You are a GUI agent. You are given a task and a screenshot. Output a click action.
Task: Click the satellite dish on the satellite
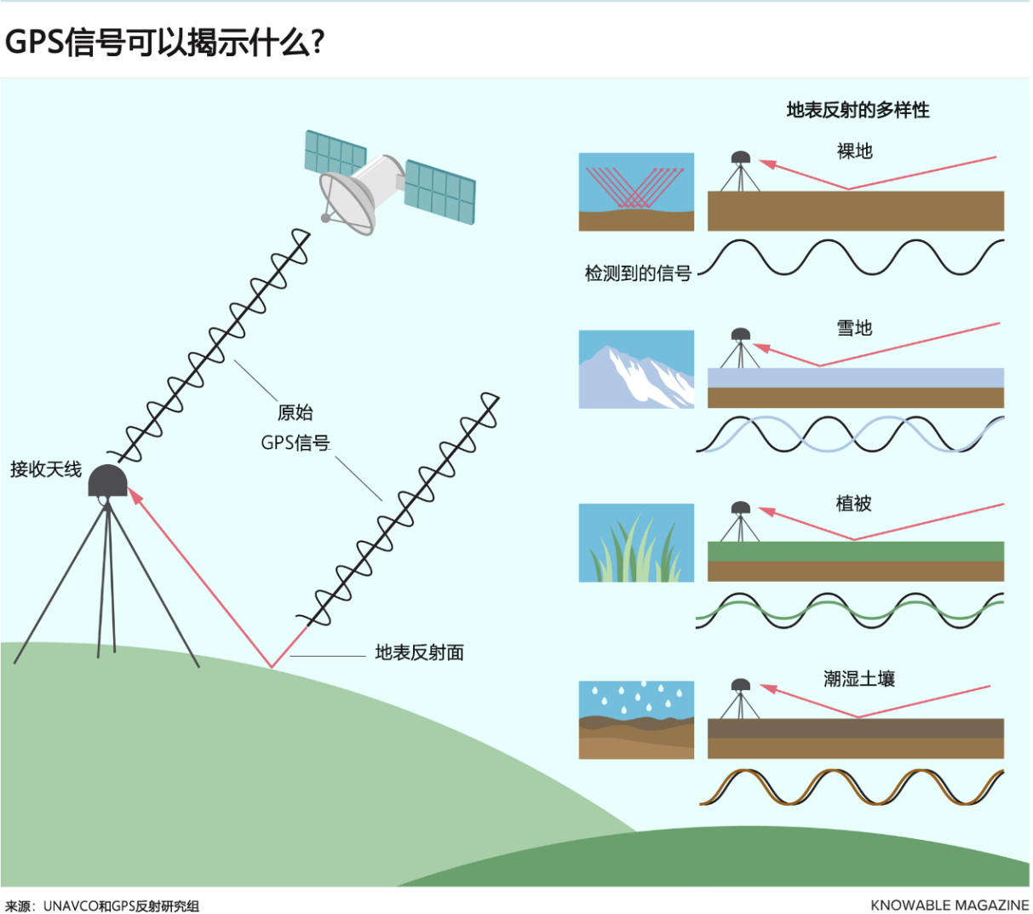tap(347, 201)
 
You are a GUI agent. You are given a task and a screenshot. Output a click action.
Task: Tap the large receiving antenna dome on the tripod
tap(108, 481)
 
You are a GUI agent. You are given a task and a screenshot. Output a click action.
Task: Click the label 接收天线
tap(46, 469)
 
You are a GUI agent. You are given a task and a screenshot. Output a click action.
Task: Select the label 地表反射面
tap(419, 653)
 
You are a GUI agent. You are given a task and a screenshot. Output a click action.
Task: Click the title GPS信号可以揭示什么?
tap(165, 42)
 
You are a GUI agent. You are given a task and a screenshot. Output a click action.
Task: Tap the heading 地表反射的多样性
tap(858, 110)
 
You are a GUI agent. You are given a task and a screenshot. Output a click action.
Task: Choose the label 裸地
tap(854, 152)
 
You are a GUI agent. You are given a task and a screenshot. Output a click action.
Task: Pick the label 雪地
tap(854, 328)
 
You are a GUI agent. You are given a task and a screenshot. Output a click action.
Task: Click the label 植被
tap(853, 503)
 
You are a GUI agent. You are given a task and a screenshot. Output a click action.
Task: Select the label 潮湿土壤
tap(858, 679)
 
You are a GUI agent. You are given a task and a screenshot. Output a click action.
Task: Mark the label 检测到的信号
tap(638, 273)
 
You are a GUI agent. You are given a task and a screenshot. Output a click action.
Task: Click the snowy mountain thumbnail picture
tap(636, 370)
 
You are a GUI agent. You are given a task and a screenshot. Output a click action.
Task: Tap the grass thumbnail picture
tap(636, 543)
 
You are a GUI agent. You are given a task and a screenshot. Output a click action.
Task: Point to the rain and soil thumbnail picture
tap(636, 720)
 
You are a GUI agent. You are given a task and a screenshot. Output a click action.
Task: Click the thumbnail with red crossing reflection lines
tap(636, 192)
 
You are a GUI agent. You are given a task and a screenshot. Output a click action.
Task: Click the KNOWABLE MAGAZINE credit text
tap(950, 905)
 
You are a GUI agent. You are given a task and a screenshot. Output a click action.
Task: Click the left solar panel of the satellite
tap(335, 153)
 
